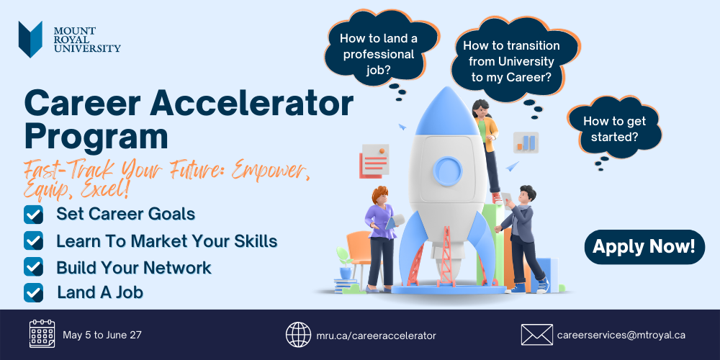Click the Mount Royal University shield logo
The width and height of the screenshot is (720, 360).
tap(30, 39)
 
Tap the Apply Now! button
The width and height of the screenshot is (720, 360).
tap(644, 247)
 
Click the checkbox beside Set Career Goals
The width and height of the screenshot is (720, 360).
tap(34, 215)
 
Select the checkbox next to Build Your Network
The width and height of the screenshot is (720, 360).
tap(34, 267)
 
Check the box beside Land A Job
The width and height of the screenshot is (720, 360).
tap(34, 292)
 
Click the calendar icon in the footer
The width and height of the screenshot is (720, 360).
tap(42, 334)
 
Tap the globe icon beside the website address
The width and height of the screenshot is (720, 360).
tap(299, 334)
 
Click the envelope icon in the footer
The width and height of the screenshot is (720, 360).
tap(537, 335)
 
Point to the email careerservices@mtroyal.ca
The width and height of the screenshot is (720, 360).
tap(621, 336)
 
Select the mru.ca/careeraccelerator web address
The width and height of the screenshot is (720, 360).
tap(376, 336)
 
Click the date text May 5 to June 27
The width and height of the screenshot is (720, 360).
tap(102, 335)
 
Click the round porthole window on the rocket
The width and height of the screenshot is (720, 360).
tap(448, 170)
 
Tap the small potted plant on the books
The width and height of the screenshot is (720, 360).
tap(343, 263)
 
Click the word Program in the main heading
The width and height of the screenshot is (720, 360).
tap(96, 136)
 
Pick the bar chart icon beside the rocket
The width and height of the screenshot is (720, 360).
tap(526, 143)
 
